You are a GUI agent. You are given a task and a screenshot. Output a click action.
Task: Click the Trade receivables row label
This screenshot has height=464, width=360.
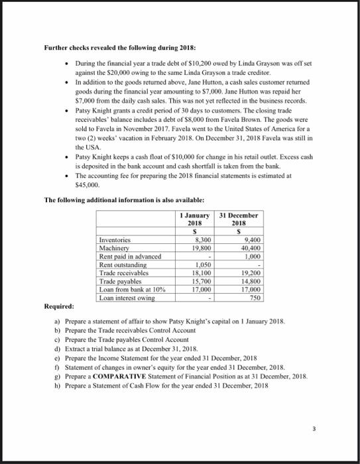[123, 272]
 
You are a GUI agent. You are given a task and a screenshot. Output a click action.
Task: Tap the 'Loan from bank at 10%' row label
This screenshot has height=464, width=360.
[130, 289]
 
